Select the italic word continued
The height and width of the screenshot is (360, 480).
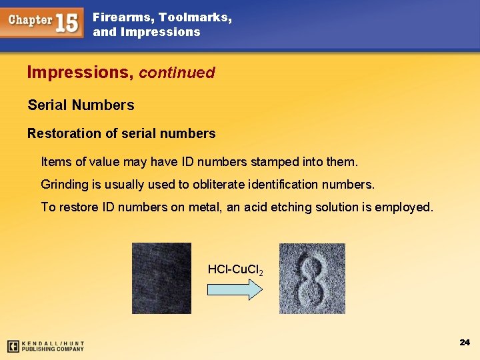click(x=177, y=73)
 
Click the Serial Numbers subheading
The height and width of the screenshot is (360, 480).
click(x=81, y=105)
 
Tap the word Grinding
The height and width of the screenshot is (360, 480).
click(x=65, y=184)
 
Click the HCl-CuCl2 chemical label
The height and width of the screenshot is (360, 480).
click(x=235, y=270)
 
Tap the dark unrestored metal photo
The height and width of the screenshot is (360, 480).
click(x=161, y=278)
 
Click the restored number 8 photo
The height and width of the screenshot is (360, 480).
click(x=312, y=278)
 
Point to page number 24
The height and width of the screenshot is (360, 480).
click(x=465, y=342)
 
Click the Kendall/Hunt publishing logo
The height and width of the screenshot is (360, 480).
click(x=45, y=346)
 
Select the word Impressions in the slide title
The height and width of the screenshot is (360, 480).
click(x=79, y=72)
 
